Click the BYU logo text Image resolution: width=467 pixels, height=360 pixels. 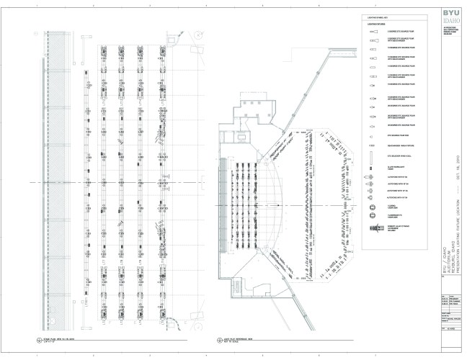pos(449,14)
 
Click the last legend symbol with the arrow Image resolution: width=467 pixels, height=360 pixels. pos(374,228)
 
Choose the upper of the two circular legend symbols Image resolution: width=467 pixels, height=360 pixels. pos(373,207)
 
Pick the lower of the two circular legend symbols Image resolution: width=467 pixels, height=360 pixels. pos(373,216)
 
